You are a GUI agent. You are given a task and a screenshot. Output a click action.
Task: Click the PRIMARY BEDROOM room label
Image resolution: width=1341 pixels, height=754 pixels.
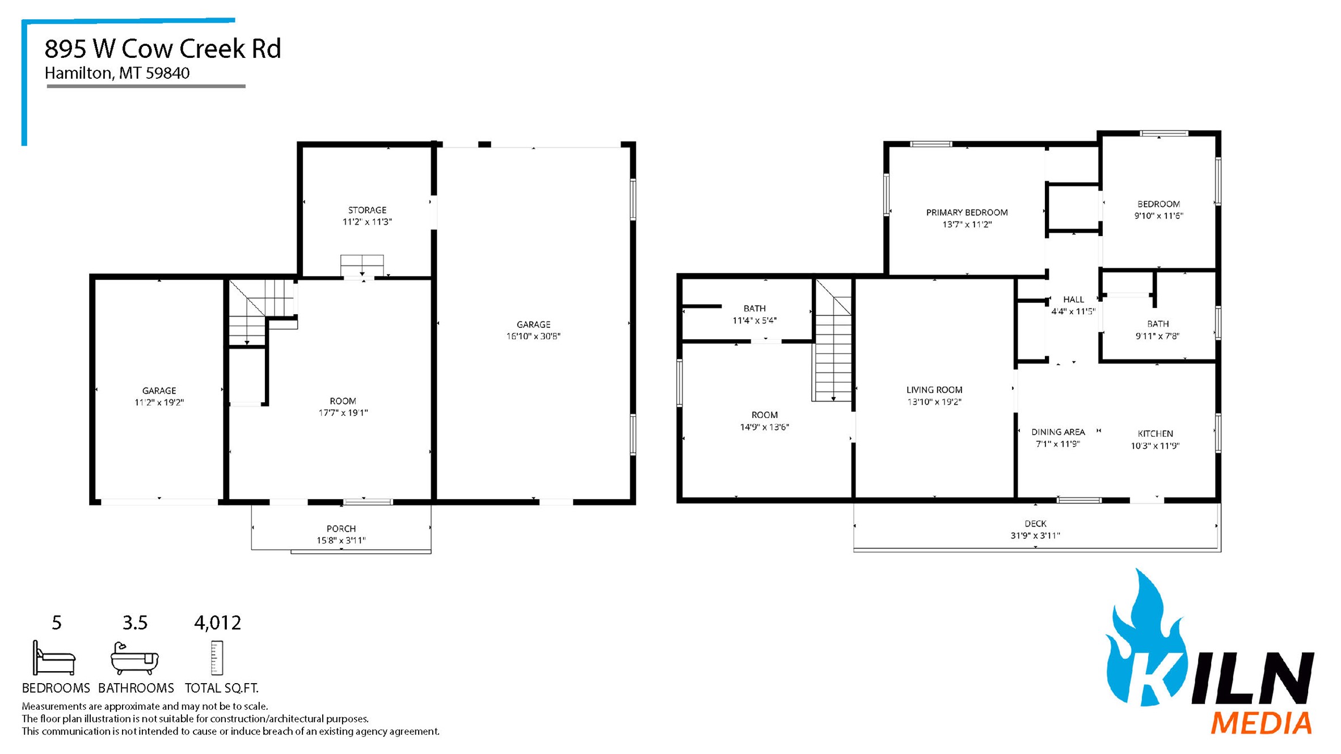pos(967,212)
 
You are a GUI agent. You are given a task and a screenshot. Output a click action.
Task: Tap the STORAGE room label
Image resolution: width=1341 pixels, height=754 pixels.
pos(367,210)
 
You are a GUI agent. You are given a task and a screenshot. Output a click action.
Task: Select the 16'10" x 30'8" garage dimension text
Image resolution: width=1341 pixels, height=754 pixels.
pos(533,336)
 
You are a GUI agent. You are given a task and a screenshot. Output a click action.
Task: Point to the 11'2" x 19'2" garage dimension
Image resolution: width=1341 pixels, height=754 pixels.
pos(159,403)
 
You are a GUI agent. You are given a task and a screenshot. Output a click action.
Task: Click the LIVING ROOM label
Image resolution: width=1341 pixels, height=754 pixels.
pos(934,390)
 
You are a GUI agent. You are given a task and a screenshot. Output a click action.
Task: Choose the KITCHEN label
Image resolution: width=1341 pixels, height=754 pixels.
pos(1155,433)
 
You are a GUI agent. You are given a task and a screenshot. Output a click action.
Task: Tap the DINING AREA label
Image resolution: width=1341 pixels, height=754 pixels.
pos(1057,432)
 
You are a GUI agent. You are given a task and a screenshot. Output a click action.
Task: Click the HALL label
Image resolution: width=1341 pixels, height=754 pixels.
pos(1073,300)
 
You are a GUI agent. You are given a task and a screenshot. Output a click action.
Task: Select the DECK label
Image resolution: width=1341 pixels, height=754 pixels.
pos(1035,524)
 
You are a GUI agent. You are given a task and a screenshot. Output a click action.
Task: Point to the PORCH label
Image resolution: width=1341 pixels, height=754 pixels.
pos(341,529)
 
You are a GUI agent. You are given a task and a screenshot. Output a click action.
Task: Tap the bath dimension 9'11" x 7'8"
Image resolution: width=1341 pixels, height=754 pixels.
pos(1157,336)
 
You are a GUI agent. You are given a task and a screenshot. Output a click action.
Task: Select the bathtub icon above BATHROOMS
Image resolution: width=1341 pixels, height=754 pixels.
pos(134,658)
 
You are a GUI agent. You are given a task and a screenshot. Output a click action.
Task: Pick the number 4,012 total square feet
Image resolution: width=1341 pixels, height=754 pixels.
pos(218,623)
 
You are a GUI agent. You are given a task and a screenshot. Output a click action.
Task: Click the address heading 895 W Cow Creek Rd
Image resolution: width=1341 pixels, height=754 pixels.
pos(163,49)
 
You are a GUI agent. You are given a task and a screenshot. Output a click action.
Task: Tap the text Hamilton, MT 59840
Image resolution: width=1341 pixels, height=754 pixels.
pos(117,73)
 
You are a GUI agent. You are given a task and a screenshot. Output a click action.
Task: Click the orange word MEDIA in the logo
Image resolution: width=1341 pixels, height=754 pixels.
pos(1261,724)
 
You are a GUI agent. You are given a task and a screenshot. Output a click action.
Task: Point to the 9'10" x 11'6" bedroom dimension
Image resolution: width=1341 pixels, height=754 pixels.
pos(1158,216)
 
